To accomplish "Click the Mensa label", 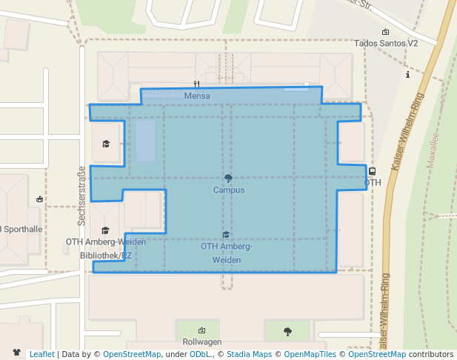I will [x=196, y=96].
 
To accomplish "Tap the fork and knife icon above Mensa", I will [x=196, y=84].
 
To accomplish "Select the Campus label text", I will [x=228, y=190].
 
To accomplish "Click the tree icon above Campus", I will [x=228, y=178].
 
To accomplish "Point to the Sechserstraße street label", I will [x=81, y=196].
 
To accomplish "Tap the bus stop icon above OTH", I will [x=372, y=171].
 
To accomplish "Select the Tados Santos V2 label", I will [x=386, y=44].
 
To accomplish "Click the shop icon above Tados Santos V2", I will [x=386, y=32].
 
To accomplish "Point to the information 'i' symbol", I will [x=408, y=75].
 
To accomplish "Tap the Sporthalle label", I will [x=21, y=229].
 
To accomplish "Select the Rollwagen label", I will [x=202, y=341].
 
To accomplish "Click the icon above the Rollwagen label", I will [x=201, y=330].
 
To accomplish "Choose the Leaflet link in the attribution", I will [x=41, y=354].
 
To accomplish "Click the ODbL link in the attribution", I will [x=200, y=354].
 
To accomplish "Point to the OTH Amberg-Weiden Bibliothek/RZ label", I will [x=105, y=248].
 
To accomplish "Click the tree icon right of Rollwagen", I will [x=287, y=331].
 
